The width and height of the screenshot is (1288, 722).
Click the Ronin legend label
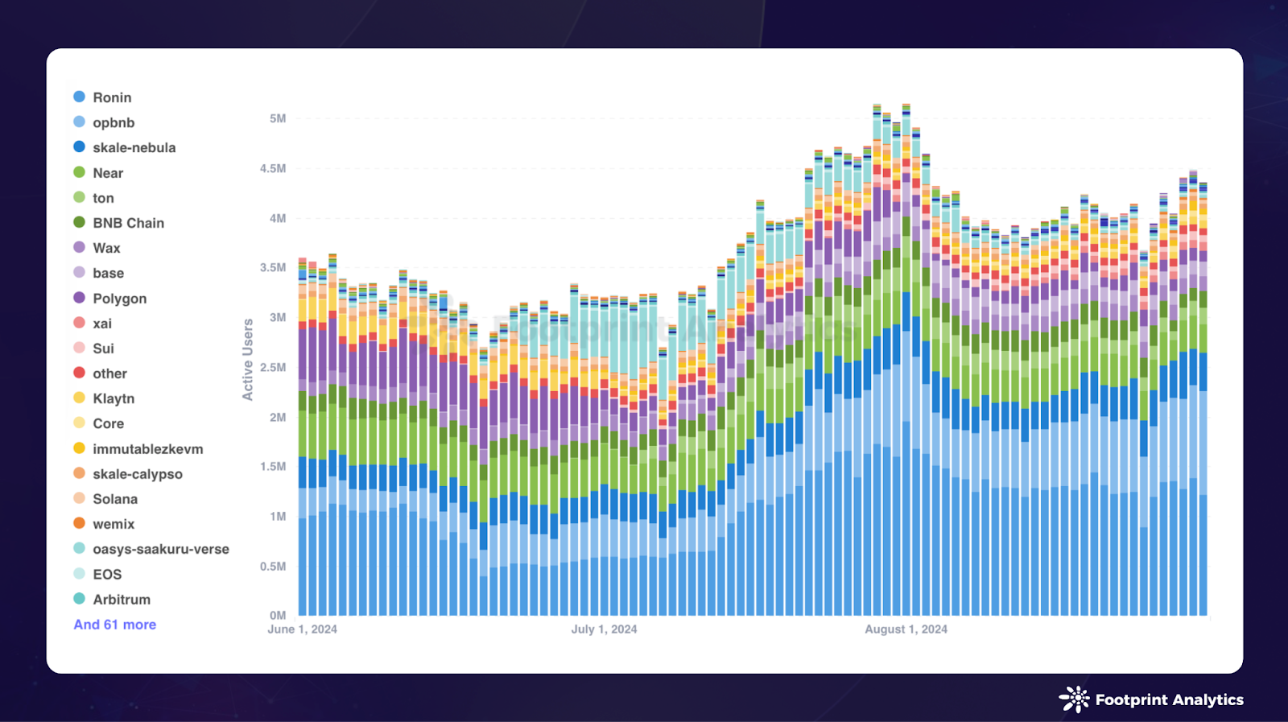(112, 97)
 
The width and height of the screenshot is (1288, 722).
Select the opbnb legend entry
(114, 122)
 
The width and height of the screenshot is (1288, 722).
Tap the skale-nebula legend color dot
(79, 147)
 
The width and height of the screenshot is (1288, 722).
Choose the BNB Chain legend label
(128, 223)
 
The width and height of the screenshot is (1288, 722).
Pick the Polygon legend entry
(119, 299)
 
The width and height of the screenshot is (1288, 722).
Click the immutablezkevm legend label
(147, 449)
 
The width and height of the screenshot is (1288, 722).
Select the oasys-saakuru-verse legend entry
(160, 549)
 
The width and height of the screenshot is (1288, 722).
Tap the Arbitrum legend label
(122, 600)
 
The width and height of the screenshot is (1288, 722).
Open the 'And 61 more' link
(115, 625)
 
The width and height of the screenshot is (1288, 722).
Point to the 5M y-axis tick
(278, 118)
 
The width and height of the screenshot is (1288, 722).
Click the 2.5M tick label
(272, 367)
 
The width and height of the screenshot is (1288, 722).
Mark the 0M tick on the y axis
(278, 616)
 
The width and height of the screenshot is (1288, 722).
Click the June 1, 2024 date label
(302, 629)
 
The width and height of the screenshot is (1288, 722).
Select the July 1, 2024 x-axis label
(604, 629)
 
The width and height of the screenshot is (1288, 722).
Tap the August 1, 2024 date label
(906, 629)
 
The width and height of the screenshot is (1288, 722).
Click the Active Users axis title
(248, 360)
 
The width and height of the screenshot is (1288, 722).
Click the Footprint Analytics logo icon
(1074, 699)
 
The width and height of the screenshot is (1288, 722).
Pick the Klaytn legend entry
(114, 398)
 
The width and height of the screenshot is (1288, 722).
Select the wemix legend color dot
(79, 523)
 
